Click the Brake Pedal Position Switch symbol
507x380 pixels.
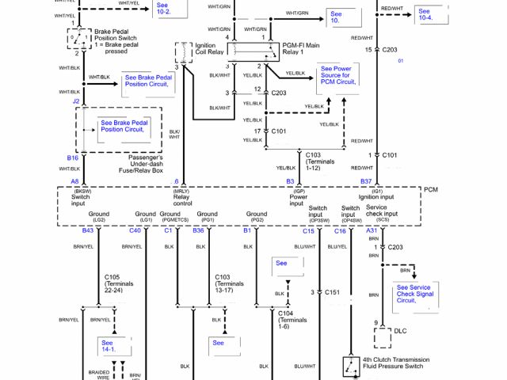coord(77,37)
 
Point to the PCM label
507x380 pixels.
coord(430,190)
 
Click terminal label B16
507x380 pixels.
coord(72,158)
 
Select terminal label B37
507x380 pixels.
coord(366,181)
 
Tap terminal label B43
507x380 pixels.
coord(87,230)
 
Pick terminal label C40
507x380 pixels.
coord(135,230)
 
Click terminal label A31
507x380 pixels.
coord(372,230)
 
